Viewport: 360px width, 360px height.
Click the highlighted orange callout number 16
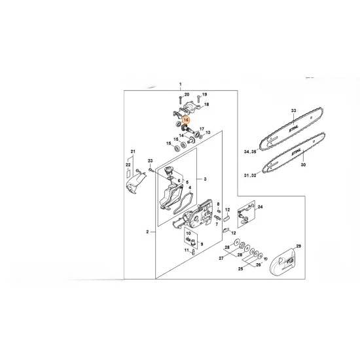point(187,120)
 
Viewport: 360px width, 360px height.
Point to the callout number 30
point(303,166)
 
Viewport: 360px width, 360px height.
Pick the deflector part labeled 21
point(132,186)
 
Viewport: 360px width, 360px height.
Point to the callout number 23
point(150,160)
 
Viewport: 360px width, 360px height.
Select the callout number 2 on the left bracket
point(149,231)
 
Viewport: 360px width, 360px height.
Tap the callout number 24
point(261,207)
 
